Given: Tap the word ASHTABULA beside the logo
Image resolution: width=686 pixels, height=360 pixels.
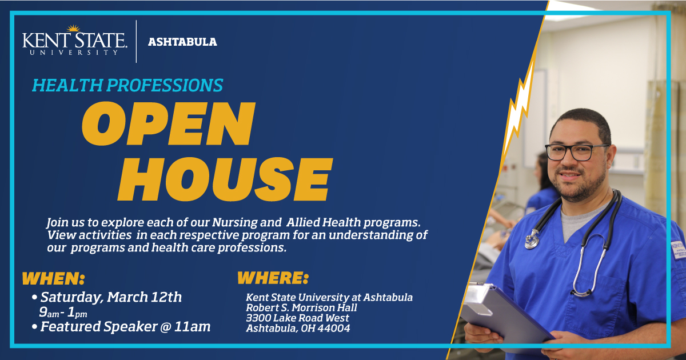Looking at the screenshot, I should [x=182, y=42].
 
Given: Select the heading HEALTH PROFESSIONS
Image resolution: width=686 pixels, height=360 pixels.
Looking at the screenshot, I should [x=127, y=85].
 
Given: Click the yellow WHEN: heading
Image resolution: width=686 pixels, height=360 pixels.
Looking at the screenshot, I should [x=53, y=279].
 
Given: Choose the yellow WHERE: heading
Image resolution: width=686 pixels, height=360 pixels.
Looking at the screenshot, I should [x=273, y=278].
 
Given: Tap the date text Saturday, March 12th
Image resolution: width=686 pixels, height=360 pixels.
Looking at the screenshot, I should [x=111, y=297].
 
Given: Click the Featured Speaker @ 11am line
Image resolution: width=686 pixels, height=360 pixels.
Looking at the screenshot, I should [x=125, y=327].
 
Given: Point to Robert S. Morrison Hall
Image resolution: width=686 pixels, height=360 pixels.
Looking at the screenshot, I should [x=301, y=307].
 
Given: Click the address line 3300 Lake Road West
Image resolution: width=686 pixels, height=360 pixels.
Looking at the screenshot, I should [x=297, y=318].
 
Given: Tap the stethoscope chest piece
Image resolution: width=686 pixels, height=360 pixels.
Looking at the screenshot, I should [x=532, y=241].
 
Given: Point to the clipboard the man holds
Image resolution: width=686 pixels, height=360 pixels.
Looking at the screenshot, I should [x=503, y=311].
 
